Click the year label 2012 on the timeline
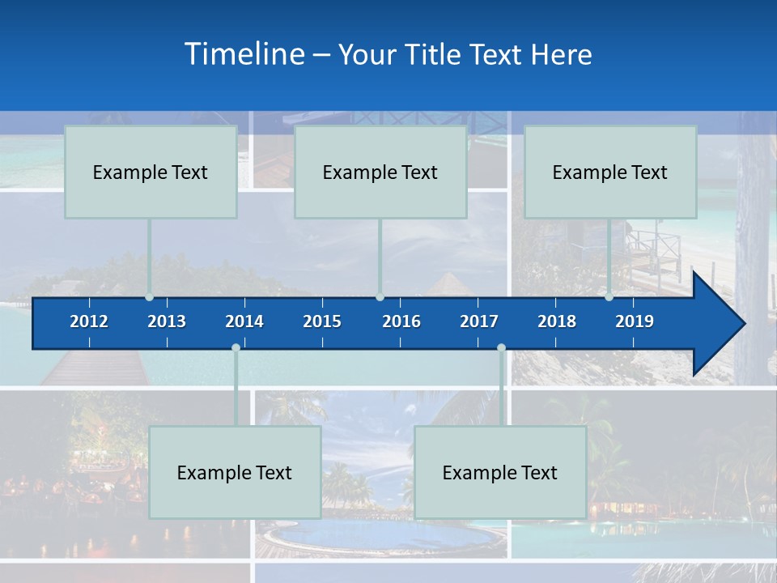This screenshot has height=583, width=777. coord(89,321)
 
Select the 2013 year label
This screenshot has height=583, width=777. coord(167,321)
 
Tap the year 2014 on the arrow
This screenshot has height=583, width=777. coord(244,321)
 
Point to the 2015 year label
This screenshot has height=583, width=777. coord(322,321)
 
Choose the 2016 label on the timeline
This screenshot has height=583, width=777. coord(401,321)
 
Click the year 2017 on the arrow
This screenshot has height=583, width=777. coord(479,321)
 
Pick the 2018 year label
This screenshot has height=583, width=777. coord(557,321)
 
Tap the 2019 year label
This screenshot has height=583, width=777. coord(635,321)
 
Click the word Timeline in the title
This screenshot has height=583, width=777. coord(244,54)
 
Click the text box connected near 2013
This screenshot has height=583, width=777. coord(151,172)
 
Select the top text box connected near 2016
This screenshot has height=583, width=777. coord(380,172)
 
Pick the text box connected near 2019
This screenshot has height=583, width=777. coord(610,172)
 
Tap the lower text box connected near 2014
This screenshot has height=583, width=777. coord(235,472)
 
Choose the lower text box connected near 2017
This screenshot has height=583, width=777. coord(500,472)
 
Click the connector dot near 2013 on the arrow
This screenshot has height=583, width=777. coord(150,297)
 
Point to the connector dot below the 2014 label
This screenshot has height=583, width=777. coord(236,348)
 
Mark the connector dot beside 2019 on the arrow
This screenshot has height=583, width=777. coord(609,297)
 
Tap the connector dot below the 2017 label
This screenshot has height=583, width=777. coord(501,348)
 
